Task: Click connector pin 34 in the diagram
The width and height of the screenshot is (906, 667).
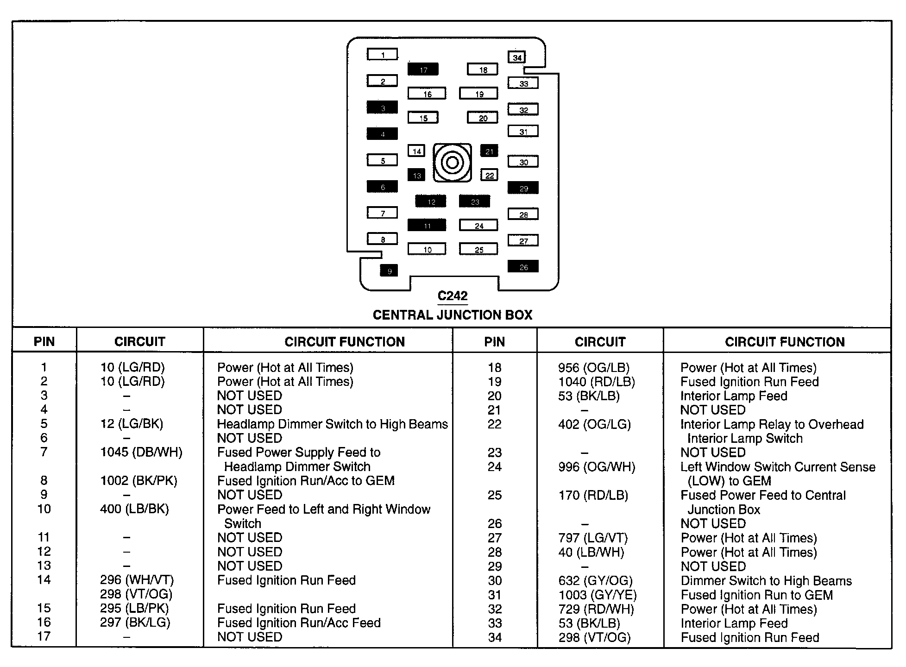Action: [517, 57]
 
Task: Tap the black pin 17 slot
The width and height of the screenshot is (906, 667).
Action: [423, 69]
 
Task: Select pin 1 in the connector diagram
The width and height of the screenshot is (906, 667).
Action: [383, 55]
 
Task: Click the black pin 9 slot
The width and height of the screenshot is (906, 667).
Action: [389, 271]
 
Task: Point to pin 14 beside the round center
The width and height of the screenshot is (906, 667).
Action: [416, 151]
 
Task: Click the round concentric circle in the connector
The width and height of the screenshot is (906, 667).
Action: [452, 163]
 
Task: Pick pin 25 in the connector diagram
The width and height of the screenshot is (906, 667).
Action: [478, 249]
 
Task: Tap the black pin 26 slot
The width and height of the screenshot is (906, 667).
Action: [523, 267]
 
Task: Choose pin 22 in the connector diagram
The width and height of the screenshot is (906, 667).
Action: [490, 175]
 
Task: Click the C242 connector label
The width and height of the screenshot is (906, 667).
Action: [453, 296]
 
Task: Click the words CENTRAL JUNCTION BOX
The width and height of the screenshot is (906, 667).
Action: [453, 315]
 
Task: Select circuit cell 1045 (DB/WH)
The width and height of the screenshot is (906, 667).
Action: [141, 453]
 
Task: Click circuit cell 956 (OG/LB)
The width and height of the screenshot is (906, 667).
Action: [594, 368]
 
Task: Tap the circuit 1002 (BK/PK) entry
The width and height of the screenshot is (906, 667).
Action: [138, 481]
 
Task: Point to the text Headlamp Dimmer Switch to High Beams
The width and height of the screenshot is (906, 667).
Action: [333, 424]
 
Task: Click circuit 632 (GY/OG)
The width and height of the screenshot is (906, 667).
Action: [595, 581]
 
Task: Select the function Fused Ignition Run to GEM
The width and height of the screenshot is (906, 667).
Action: [757, 595]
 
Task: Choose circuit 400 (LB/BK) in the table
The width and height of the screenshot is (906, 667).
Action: [134, 509]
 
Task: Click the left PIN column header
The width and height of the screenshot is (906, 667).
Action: [44, 342]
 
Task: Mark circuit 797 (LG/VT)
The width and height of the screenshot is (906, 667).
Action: [593, 538]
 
